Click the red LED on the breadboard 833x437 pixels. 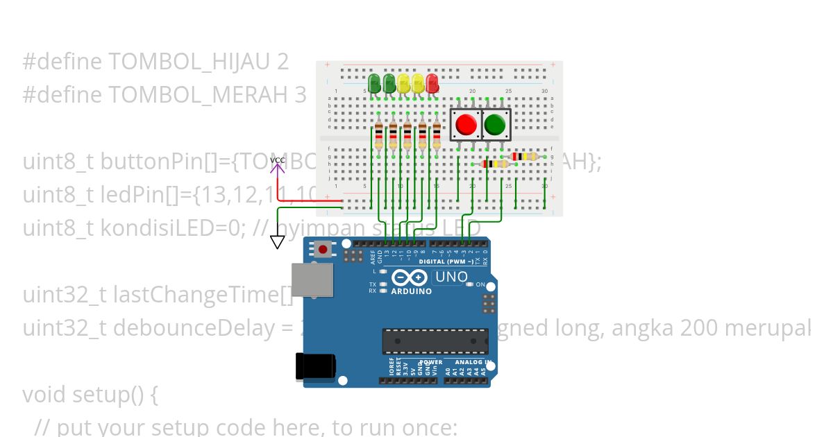coord(432,84)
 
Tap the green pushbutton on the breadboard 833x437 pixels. coord(494,125)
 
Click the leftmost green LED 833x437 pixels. coord(374,84)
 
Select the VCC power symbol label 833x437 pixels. coord(278,161)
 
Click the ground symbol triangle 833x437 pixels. coord(278,242)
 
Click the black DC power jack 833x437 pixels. coord(315,366)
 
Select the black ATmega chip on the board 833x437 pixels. coord(435,341)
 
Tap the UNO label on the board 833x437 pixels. coord(451,277)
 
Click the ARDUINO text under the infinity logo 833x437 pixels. coord(411,291)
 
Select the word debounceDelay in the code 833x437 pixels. coord(192,328)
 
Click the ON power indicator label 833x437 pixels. coord(480,284)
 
